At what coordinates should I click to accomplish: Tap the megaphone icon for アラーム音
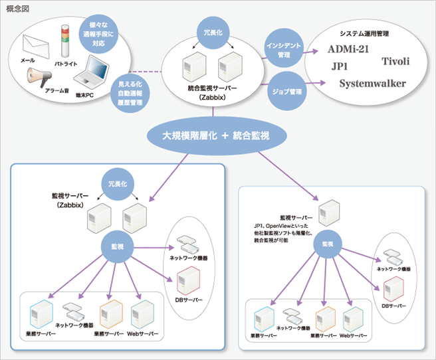coord(40,78)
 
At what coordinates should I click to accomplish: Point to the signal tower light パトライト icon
coord(65,44)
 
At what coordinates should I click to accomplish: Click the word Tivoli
coord(395,62)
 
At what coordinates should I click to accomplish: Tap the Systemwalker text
coord(372,84)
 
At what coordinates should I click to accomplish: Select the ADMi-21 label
coord(353,49)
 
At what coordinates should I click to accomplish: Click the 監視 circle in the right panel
coord(328,244)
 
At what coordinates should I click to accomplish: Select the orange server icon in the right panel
coord(325,319)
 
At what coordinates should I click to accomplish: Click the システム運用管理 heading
coord(364,33)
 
